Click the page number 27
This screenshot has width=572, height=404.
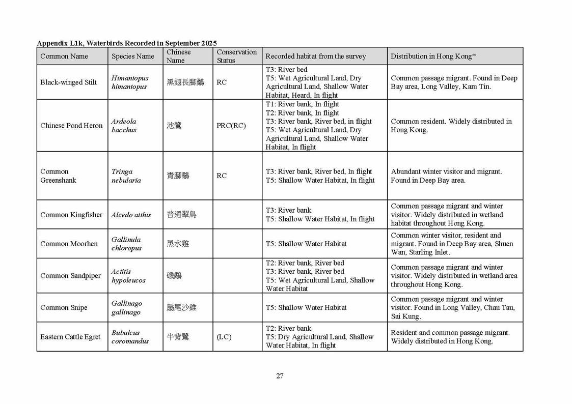pos(280,376)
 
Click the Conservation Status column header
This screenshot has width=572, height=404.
pos(236,56)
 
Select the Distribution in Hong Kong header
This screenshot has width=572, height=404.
pos(433,56)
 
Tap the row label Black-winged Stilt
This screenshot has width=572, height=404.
pos(68,82)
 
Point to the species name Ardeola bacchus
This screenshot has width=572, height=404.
pos(124,126)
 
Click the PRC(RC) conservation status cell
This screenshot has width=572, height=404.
pos(231,126)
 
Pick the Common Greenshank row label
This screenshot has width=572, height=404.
pos(55,176)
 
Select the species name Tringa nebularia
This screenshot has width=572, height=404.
pos(126,176)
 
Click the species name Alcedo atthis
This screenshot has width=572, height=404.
pos(131,215)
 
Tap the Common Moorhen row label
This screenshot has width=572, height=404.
pos(69,244)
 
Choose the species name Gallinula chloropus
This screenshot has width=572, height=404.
pos(126,244)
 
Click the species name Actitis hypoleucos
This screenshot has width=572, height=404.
pos(128,276)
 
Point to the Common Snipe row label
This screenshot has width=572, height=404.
pos(64,307)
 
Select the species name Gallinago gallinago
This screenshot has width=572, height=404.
pos(126,307)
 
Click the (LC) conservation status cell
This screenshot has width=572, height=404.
pos(224,337)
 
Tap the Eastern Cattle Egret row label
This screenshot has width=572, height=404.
pos(70,337)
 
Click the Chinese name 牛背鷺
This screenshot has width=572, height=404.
pos(178,337)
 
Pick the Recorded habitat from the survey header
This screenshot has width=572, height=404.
pos(315,56)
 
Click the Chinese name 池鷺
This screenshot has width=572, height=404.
pos(174,126)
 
